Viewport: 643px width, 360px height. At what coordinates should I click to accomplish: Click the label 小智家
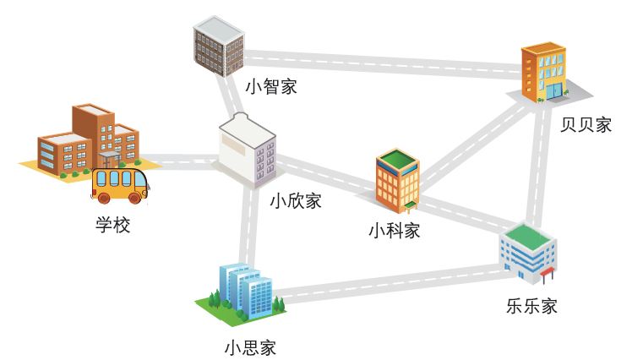pos(270,86)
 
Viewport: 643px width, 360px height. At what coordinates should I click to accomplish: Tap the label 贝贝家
pos(586,125)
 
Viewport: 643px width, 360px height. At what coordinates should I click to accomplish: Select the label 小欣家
pos(296,201)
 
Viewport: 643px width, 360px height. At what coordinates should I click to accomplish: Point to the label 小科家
pos(394,230)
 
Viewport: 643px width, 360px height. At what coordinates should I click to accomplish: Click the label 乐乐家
pos(531,306)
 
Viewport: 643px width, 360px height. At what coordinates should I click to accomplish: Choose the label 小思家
pos(250,347)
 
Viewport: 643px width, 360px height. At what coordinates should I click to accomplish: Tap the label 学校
pos(112,226)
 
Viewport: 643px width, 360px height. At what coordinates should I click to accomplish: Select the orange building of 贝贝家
pos(543,73)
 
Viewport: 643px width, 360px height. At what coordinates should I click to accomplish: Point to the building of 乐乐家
pos(527,250)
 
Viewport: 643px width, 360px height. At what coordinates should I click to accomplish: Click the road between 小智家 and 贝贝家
pos(380,63)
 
